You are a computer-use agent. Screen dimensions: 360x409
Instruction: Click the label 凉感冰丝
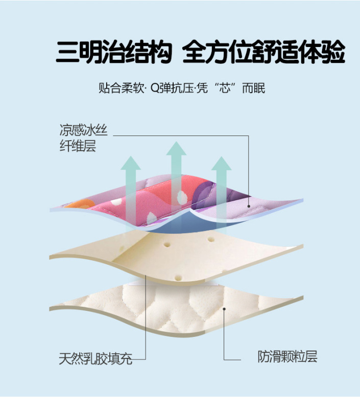[83, 130]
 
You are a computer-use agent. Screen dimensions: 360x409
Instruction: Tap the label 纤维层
[77, 147]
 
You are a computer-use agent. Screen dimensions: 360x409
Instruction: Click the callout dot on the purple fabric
[249, 206]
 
